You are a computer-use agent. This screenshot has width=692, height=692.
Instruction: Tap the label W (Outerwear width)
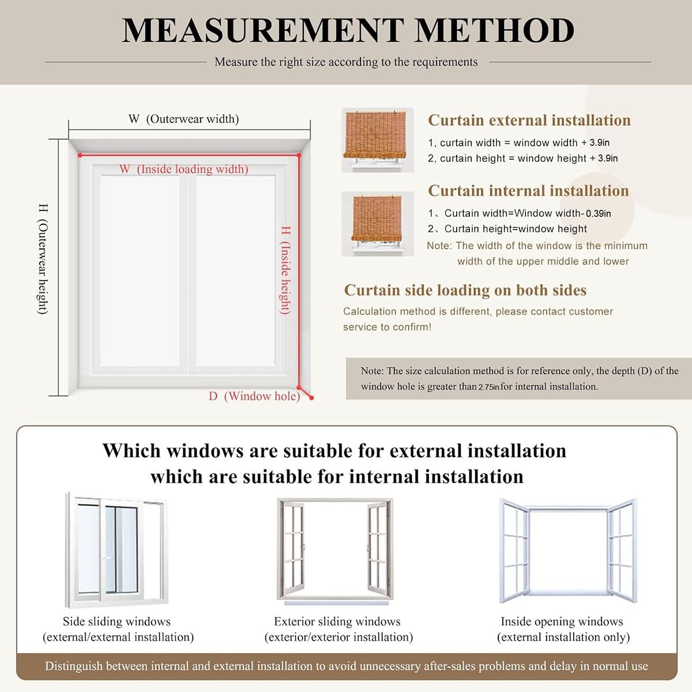(x=183, y=119)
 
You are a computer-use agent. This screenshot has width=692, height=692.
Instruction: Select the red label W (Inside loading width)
(x=183, y=169)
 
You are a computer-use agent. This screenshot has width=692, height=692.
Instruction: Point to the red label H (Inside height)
(x=285, y=270)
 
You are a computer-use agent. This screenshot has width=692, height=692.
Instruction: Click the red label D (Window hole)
(x=254, y=396)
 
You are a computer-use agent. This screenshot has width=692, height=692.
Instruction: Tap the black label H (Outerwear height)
(x=43, y=259)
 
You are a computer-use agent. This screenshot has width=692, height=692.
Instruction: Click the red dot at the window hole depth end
(x=311, y=397)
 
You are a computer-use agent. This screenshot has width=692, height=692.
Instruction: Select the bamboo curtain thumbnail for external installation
(x=377, y=140)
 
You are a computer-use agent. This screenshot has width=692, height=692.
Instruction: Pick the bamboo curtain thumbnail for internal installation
(x=377, y=224)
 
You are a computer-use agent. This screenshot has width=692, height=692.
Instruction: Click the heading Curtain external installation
(x=529, y=120)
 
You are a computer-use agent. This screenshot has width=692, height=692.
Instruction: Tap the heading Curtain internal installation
(x=528, y=191)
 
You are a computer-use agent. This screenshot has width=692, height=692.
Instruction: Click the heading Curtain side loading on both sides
(x=465, y=290)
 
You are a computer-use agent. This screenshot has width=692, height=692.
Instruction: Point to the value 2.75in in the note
(x=488, y=387)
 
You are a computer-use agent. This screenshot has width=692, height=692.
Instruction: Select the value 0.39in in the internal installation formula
(x=598, y=213)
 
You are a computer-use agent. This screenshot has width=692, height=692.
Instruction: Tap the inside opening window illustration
(x=567, y=551)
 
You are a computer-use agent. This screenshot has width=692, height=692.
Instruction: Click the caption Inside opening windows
(x=562, y=622)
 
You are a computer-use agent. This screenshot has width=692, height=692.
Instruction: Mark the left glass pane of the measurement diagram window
(x=140, y=271)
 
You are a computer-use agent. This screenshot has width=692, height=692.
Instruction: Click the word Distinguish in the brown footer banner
(x=74, y=666)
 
